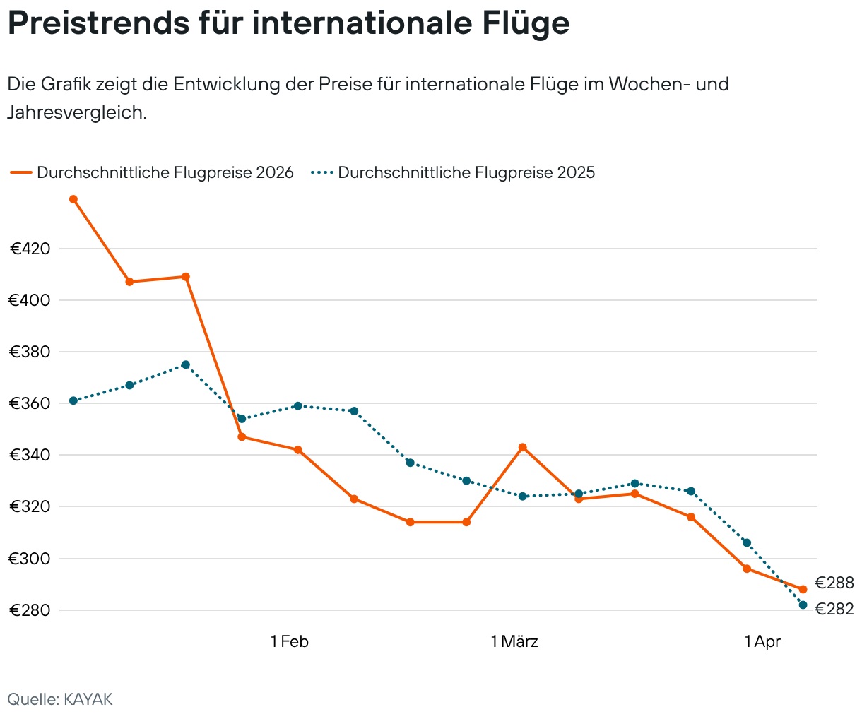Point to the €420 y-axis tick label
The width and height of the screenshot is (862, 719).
point(30,249)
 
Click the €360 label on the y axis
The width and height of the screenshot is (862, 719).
point(29,403)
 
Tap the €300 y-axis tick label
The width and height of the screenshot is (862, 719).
point(29,559)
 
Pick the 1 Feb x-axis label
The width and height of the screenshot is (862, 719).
point(290,641)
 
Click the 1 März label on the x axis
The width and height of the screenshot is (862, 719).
point(514,641)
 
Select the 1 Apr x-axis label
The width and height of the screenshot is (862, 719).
point(762,641)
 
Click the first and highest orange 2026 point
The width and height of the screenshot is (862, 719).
point(73,199)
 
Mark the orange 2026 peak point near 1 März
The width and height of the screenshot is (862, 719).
point(522,447)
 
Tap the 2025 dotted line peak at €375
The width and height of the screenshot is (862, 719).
point(185,364)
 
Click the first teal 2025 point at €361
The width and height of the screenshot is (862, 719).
point(73,400)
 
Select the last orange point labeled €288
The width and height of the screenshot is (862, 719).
point(803,589)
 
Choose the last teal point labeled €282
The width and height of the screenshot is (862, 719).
point(803,605)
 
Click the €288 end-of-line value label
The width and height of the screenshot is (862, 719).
point(834,583)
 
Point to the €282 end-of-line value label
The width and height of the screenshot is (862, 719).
point(834,609)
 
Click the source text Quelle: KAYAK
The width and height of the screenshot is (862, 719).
point(60,699)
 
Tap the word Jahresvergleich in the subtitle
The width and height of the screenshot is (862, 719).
point(76,112)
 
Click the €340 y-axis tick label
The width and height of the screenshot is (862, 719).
point(29,455)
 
